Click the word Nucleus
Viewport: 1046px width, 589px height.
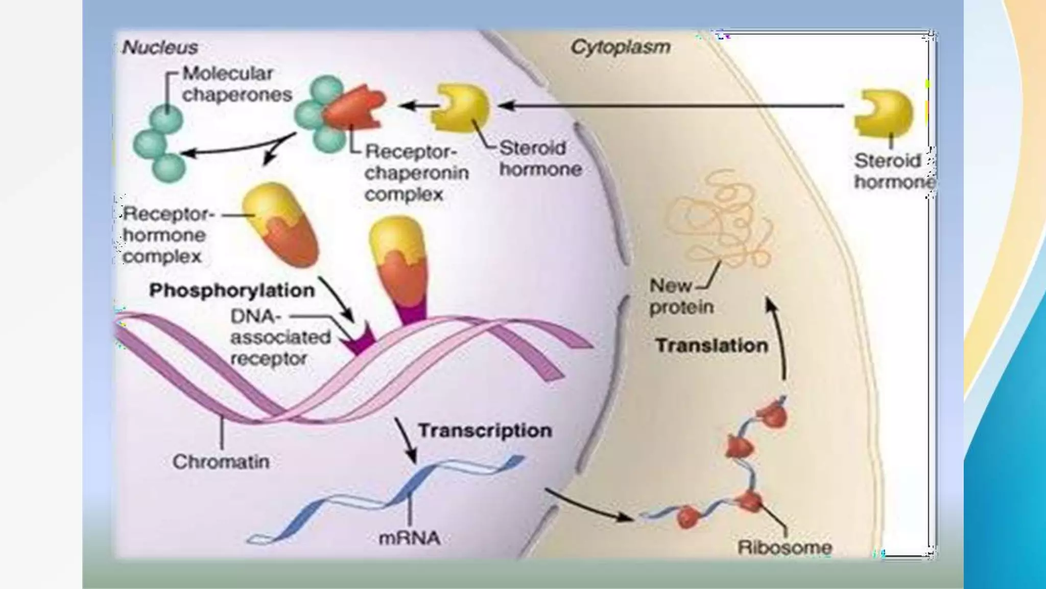coord(160,48)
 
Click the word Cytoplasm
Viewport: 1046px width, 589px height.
coord(620,47)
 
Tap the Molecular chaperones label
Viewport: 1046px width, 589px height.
coord(237,84)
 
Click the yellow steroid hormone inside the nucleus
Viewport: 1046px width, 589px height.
coord(460,108)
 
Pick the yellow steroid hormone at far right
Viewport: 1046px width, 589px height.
coord(885,112)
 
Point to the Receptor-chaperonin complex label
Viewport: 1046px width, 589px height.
coord(416,173)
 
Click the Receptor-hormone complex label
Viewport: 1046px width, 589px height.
coord(164,235)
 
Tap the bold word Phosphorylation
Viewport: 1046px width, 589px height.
coord(232,290)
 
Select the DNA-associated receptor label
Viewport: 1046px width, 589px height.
coord(279,337)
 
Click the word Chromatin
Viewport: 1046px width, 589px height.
coord(221,462)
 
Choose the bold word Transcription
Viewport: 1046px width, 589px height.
coord(485,431)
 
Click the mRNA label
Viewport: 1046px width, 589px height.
coord(409,538)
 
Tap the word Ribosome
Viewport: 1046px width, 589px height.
coord(784,548)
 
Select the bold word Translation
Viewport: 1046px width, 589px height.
coord(711,346)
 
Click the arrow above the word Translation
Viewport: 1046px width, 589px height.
coord(777,337)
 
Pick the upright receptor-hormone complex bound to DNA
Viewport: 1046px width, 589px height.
coord(398,266)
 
